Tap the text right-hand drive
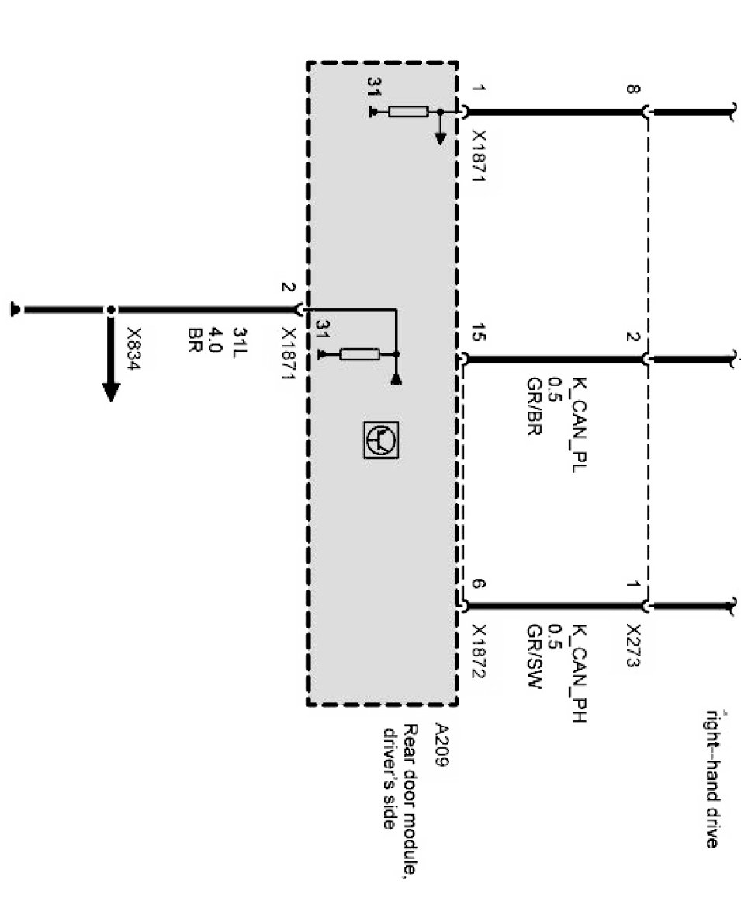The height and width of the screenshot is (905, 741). tap(711, 777)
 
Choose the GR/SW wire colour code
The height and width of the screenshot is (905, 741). tap(533, 666)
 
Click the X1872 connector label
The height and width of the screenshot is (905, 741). tap(479, 652)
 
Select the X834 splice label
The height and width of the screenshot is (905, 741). tap(133, 346)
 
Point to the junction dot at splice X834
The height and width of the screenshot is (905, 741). tap(111, 310)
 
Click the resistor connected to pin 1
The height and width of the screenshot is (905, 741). tap(408, 112)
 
